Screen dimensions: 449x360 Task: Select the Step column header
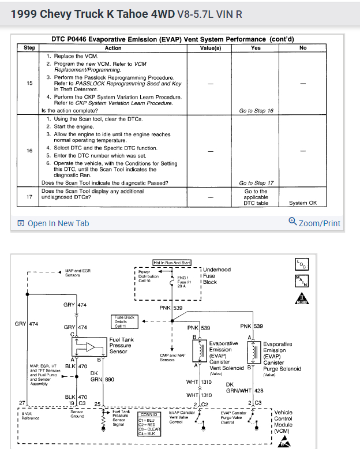[29, 48]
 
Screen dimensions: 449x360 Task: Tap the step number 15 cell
[29, 83]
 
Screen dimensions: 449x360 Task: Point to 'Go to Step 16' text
[256, 110]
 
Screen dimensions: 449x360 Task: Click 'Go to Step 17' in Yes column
[256, 183]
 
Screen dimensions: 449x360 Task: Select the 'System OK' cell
[303, 203]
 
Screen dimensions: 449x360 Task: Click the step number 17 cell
[29, 197]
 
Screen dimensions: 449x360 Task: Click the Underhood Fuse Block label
[217, 276]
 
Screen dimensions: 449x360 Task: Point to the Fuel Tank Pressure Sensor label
[121, 345]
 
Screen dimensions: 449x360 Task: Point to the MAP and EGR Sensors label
[77, 272]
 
